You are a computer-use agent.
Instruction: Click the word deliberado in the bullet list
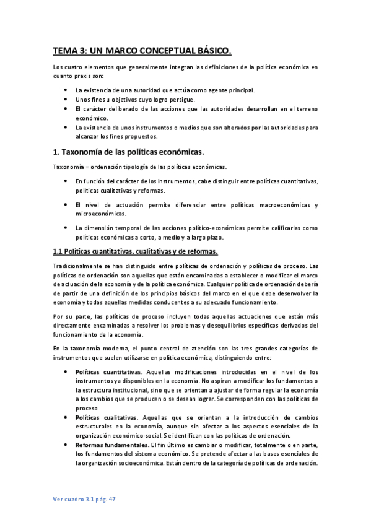pyautogui.click(x=122, y=108)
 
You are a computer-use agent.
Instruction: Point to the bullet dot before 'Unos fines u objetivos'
pyautogui.click(x=66, y=99)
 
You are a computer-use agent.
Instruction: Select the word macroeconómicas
pyautogui.click(x=284, y=204)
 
